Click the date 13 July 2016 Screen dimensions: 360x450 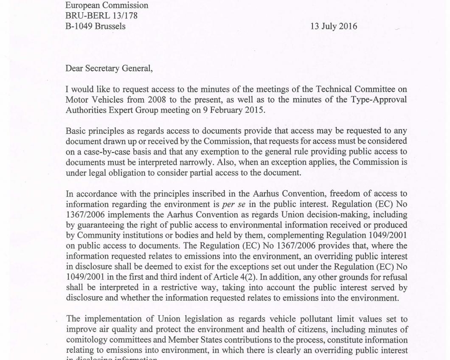[334, 26]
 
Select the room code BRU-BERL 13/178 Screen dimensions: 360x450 [101, 16]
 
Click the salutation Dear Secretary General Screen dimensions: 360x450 [109, 68]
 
